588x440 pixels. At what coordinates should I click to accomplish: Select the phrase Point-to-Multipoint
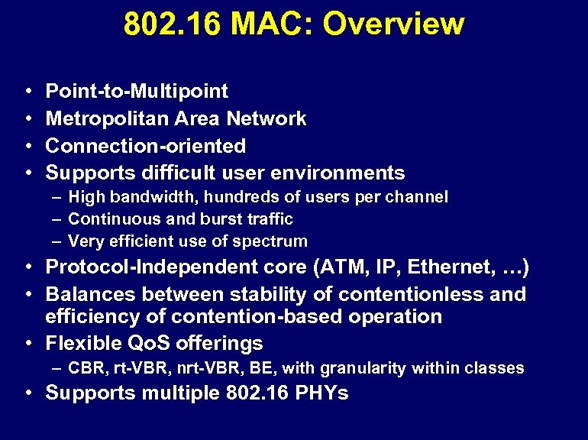tap(137, 92)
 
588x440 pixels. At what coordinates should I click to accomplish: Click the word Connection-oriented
tap(146, 145)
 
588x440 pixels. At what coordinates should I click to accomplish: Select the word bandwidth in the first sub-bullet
tap(144, 197)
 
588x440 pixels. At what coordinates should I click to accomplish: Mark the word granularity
tap(363, 368)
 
